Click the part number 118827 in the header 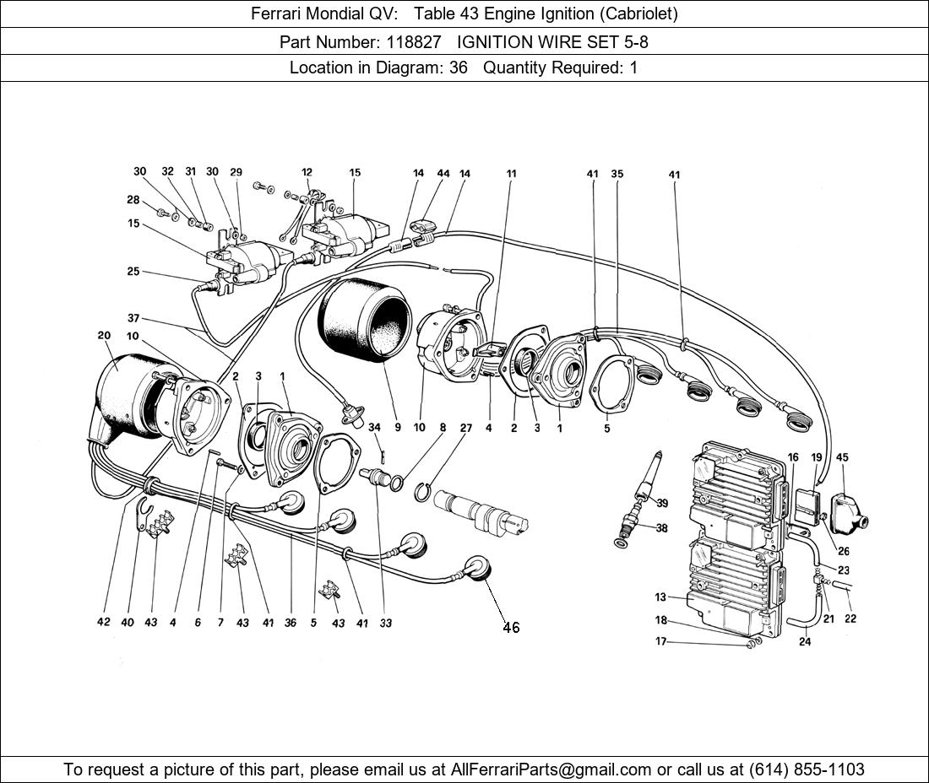click(409, 41)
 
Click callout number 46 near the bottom click(511, 627)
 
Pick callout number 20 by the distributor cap click(104, 335)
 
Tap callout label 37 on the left click(133, 318)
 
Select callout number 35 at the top click(617, 175)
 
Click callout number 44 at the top click(443, 173)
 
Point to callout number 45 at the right click(842, 457)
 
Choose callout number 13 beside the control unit click(660, 597)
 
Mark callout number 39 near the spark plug click(662, 504)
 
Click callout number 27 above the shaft click(465, 427)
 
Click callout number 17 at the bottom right click(660, 641)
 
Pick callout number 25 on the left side click(133, 272)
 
